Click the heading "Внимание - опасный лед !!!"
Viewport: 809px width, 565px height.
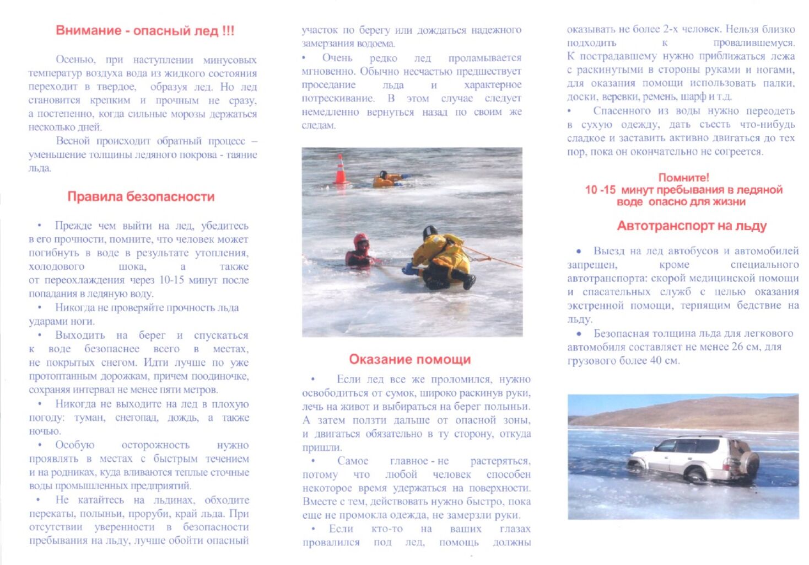pos(145,31)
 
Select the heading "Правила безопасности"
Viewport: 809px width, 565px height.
pos(141,197)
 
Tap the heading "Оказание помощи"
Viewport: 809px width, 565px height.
pos(409,360)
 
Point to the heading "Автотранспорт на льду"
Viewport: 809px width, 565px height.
pos(692,226)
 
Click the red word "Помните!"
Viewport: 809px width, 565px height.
pos(683,178)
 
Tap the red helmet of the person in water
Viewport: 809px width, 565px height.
pos(361,239)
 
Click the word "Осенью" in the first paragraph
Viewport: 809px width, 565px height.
pos(75,60)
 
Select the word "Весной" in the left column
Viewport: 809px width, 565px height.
pos(73,141)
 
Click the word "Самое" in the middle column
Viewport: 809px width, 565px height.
pos(352,461)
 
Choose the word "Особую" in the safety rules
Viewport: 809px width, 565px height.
pos(74,445)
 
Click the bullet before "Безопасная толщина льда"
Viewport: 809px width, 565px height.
pos(579,334)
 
